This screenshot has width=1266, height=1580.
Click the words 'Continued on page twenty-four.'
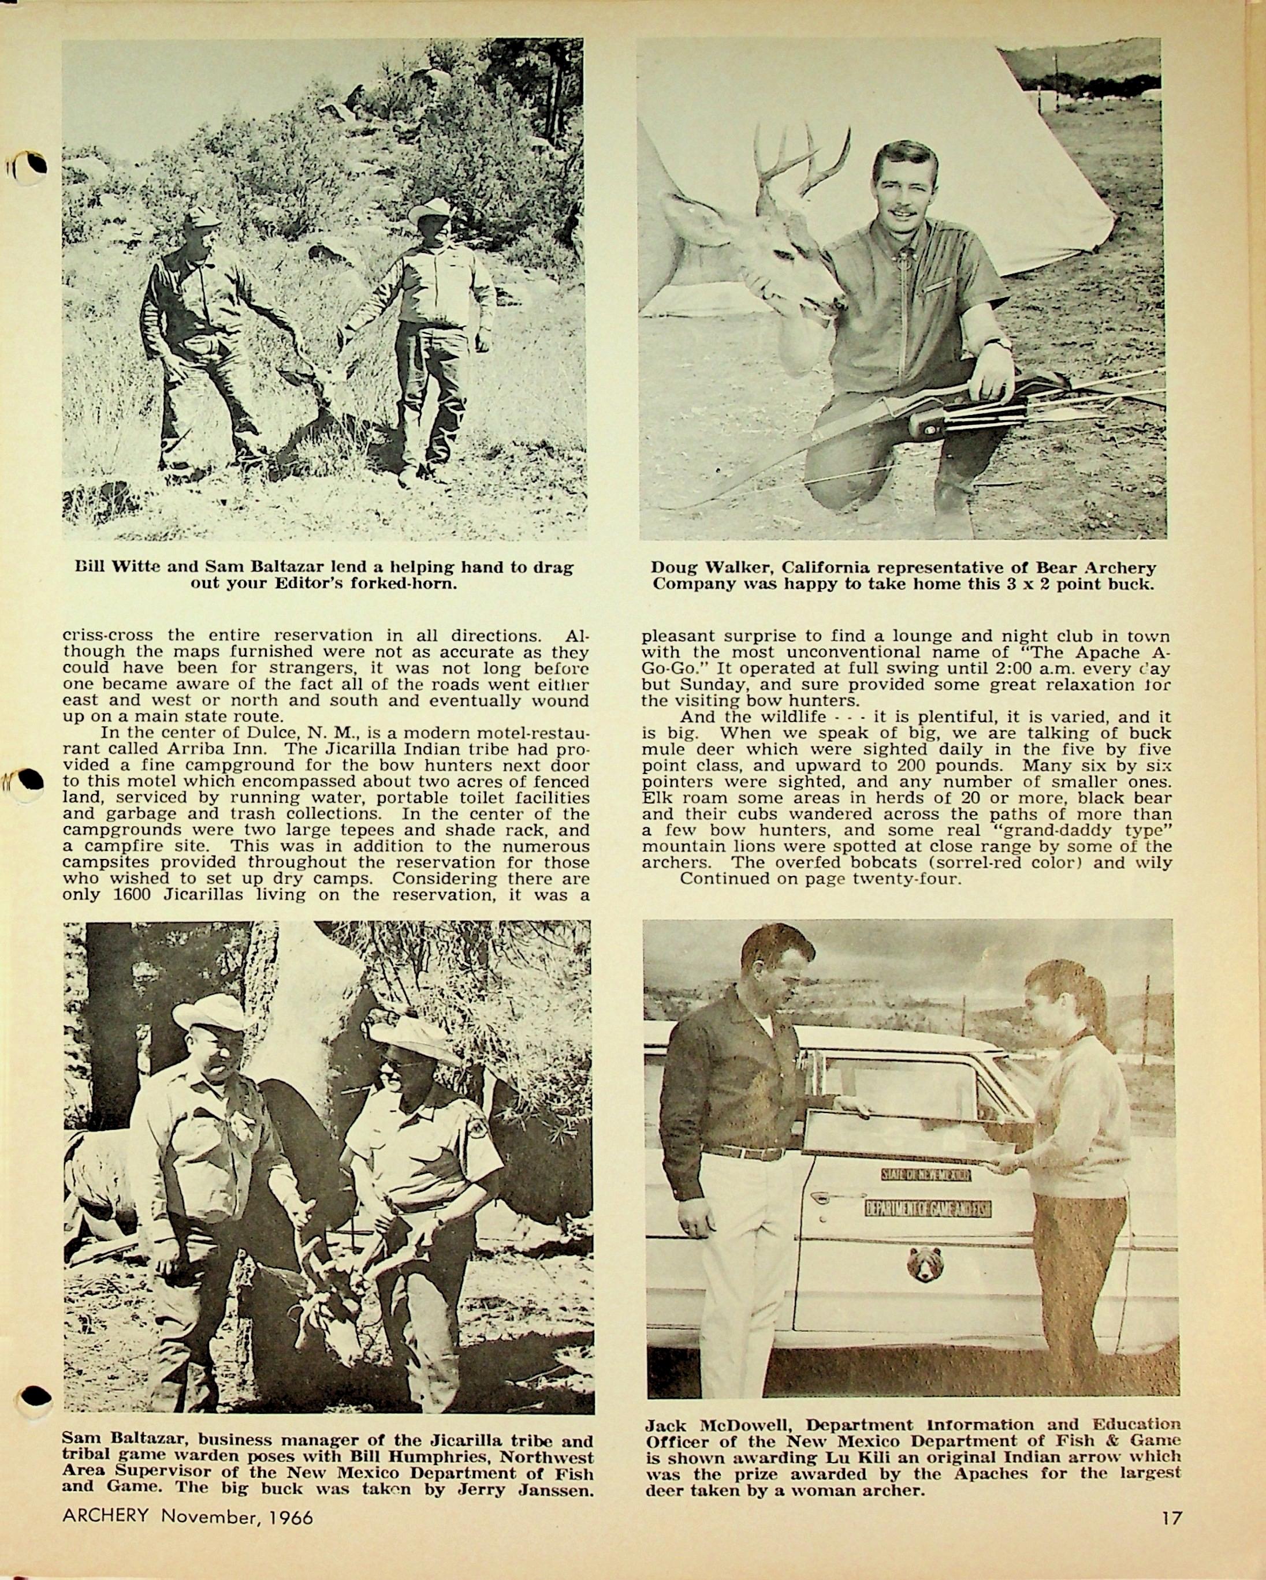tap(820, 878)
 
